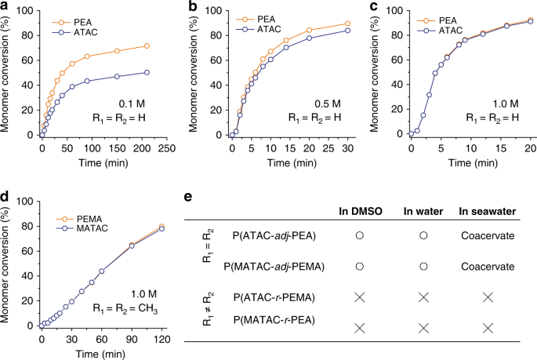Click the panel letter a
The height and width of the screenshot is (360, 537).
(x=5, y=6)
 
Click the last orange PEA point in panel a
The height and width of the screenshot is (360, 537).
(x=147, y=46)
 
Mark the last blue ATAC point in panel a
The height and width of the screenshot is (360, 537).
(x=147, y=72)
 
